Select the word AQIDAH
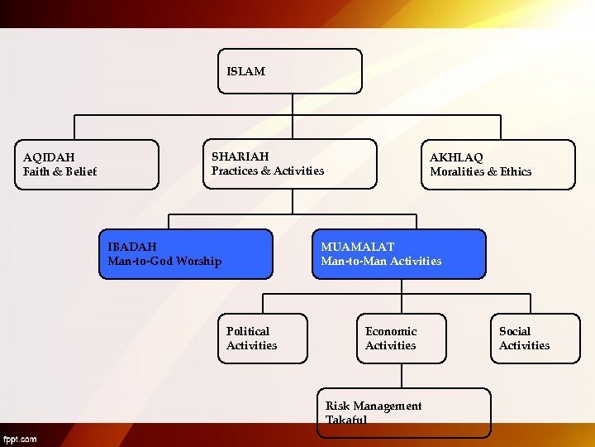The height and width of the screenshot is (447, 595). [x=49, y=157]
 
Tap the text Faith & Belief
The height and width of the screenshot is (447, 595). [x=59, y=171]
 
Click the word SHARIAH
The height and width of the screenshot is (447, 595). [x=240, y=156]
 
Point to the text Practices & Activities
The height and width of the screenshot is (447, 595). [x=268, y=171]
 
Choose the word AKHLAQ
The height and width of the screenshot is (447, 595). [x=456, y=157]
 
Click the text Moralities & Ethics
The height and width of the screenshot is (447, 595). [x=480, y=171]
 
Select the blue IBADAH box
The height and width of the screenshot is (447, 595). [x=185, y=254]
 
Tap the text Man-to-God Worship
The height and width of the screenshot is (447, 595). [x=164, y=262]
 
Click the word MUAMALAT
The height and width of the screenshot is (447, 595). [x=357, y=247]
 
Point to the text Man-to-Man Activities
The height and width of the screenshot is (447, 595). [x=381, y=262]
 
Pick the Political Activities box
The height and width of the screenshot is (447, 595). [x=263, y=339]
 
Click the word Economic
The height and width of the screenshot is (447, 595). [x=391, y=331]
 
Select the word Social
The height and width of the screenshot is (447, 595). [x=515, y=331]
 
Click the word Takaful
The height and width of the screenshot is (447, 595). [x=346, y=421]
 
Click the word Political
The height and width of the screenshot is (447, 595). [x=248, y=331]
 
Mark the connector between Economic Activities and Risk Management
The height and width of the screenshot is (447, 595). [x=402, y=376]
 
